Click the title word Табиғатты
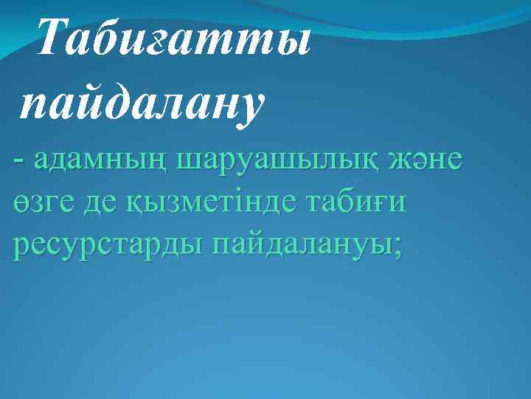coord(173,38)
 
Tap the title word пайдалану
coord(141,103)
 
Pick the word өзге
coord(41,203)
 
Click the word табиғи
coord(364,203)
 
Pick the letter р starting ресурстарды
coord(21,248)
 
